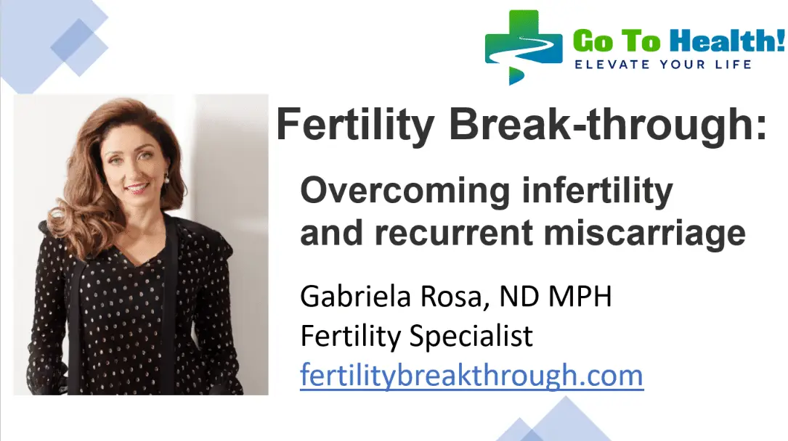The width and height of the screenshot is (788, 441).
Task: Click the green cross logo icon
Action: pos(523,46)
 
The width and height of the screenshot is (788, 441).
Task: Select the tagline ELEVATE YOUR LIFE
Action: pos(663,65)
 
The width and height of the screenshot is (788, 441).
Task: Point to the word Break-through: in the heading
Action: pos(608,125)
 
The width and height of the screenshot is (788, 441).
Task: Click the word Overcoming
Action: pos(405,191)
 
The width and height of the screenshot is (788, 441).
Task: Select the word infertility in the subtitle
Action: pos(598,191)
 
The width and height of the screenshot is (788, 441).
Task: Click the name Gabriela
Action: pos(355,296)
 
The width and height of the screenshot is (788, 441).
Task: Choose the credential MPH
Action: pos(580,297)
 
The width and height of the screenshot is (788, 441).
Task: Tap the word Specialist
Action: pos(471,336)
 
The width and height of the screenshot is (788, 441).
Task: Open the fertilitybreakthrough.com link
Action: pos(471,375)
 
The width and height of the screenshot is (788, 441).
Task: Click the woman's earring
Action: pos(166,179)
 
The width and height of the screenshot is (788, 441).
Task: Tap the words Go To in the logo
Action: pos(617,41)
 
